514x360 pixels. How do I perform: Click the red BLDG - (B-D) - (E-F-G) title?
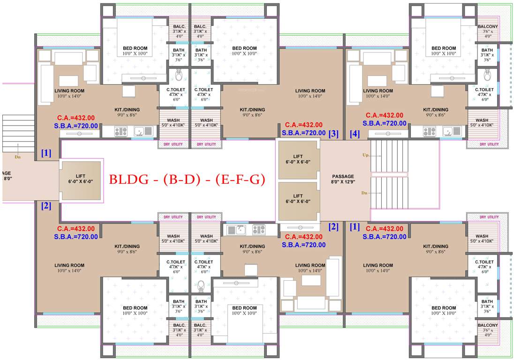[x=187, y=180]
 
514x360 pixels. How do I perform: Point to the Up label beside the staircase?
[x=365, y=155]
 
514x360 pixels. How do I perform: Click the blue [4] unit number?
[x=355, y=134]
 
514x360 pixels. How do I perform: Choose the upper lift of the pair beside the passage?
[x=298, y=159]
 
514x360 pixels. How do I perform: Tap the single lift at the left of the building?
[x=81, y=181]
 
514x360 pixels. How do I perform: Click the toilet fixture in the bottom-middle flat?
[x=202, y=286]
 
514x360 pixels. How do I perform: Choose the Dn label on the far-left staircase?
[x=17, y=157]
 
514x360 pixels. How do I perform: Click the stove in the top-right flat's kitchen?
[x=429, y=132]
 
